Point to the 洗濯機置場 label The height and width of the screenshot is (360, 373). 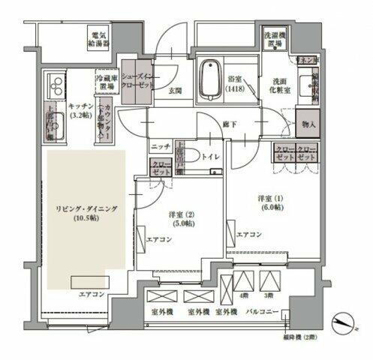click(x=275, y=39)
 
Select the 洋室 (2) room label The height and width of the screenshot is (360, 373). click(x=180, y=218)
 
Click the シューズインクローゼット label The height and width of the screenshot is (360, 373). click(x=138, y=81)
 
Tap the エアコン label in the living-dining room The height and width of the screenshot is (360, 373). click(x=90, y=295)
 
